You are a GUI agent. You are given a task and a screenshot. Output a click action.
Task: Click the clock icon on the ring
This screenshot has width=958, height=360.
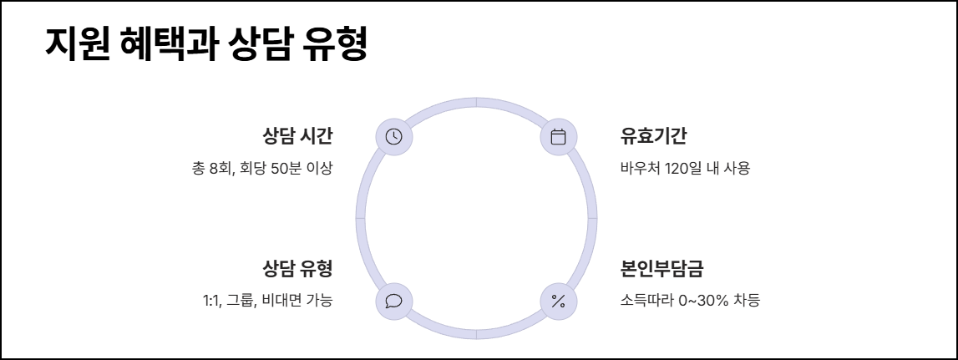393,137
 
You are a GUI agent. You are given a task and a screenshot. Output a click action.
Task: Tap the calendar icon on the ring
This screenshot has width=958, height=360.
559,137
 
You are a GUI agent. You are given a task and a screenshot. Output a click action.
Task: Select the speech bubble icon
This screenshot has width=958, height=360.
393,301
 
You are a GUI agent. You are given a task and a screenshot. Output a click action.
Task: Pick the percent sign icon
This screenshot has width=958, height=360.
559,301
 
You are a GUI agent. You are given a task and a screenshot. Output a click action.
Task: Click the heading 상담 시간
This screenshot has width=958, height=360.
297,135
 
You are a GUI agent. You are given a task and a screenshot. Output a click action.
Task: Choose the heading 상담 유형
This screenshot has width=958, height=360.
297,269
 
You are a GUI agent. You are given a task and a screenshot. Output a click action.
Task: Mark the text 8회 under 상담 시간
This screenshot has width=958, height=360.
221,168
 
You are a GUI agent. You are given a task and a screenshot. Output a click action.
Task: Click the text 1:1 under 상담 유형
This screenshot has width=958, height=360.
211,300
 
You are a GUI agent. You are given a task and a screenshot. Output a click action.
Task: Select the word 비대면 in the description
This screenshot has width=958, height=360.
281,300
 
